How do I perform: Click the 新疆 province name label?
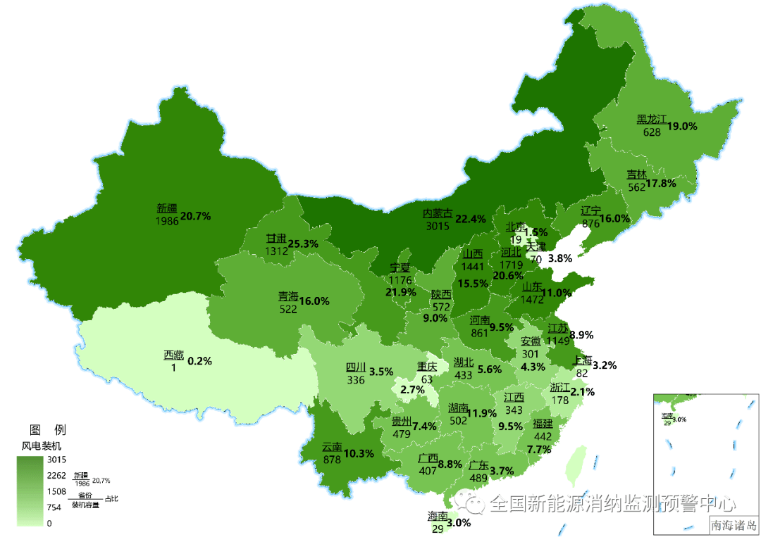click(167, 208)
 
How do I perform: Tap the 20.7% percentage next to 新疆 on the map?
click(196, 215)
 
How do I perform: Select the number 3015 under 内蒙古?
click(437, 226)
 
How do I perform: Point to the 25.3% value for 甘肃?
click(303, 244)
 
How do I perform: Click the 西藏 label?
click(173, 355)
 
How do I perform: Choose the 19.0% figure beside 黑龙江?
click(682, 126)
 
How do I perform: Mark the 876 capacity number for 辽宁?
click(590, 224)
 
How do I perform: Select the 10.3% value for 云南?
click(359, 453)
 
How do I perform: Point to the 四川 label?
click(356, 367)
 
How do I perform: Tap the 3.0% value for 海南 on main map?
click(459, 522)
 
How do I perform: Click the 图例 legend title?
click(47, 430)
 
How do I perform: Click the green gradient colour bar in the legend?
click(30, 491)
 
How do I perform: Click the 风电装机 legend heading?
click(42, 446)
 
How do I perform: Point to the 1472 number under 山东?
click(533, 299)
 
